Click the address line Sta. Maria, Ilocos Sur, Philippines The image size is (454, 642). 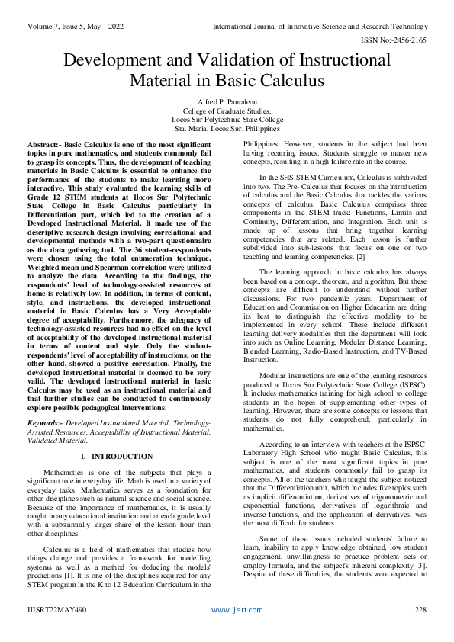(x=227, y=130)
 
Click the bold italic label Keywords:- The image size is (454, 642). (x=47, y=422)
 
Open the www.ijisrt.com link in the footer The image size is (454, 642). (x=237, y=610)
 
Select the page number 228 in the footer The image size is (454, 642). (x=420, y=610)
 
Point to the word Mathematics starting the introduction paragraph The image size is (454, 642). (x=66, y=473)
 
